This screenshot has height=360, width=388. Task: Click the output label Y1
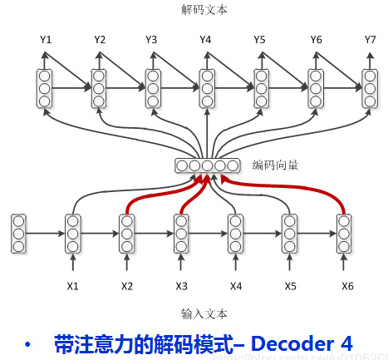(45, 39)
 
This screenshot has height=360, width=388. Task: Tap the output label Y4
(206, 39)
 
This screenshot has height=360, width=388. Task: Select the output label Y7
(370, 39)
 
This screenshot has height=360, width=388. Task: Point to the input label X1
(73, 287)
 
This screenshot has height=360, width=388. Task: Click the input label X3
(181, 287)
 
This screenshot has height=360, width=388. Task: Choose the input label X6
(346, 287)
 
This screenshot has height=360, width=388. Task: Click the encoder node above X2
(127, 233)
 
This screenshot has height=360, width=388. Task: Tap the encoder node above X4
(235, 233)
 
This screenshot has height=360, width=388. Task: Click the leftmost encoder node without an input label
(19, 233)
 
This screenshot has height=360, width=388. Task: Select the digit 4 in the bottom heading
(345, 343)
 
